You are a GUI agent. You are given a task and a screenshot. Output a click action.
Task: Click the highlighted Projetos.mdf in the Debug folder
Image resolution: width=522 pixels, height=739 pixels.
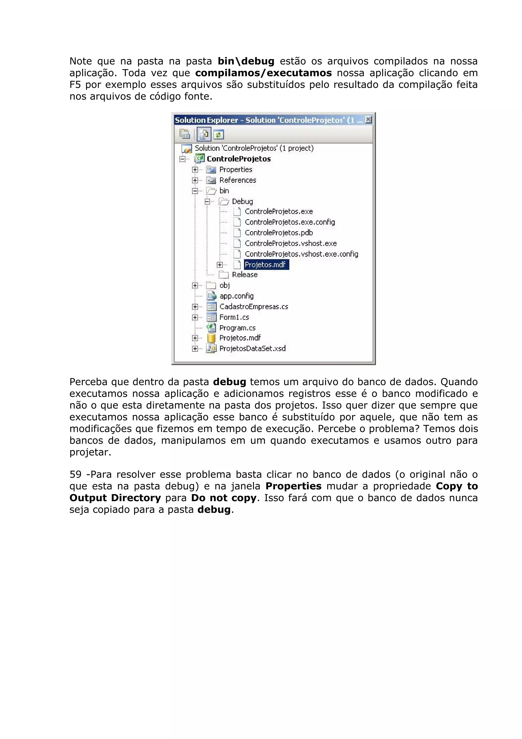(265, 265)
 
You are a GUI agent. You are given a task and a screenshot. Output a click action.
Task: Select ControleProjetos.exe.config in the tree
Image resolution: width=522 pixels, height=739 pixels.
(290, 222)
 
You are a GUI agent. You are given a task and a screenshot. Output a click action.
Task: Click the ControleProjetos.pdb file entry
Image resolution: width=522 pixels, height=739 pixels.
(279, 233)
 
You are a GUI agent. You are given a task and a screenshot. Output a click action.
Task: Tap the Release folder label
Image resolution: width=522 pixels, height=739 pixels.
(244, 275)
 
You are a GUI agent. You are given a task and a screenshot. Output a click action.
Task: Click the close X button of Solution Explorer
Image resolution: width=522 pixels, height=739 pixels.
(368, 120)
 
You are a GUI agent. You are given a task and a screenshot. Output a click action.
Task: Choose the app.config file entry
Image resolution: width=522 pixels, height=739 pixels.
(236, 296)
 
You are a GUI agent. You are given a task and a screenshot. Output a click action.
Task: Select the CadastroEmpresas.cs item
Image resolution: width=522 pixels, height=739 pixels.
(253, 307)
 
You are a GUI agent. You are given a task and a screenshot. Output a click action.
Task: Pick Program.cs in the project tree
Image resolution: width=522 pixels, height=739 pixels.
(237, 328)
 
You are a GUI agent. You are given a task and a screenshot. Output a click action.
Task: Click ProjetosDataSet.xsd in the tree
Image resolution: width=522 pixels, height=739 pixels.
(252, 348)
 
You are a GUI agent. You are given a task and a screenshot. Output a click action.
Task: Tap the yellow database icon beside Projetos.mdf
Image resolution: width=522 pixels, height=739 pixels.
(211, 338)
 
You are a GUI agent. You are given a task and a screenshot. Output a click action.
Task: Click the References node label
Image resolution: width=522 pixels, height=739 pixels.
(238, 180)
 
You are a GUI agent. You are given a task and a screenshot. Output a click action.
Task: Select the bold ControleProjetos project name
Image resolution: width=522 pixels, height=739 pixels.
(239, 159)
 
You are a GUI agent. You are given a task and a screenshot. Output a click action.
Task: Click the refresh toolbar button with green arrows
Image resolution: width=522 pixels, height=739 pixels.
(219, 135)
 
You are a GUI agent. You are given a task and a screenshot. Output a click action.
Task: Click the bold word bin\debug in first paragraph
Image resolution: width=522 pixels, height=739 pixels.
(246, 61)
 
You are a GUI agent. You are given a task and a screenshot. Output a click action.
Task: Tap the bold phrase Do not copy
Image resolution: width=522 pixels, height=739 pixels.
(224, 498)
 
